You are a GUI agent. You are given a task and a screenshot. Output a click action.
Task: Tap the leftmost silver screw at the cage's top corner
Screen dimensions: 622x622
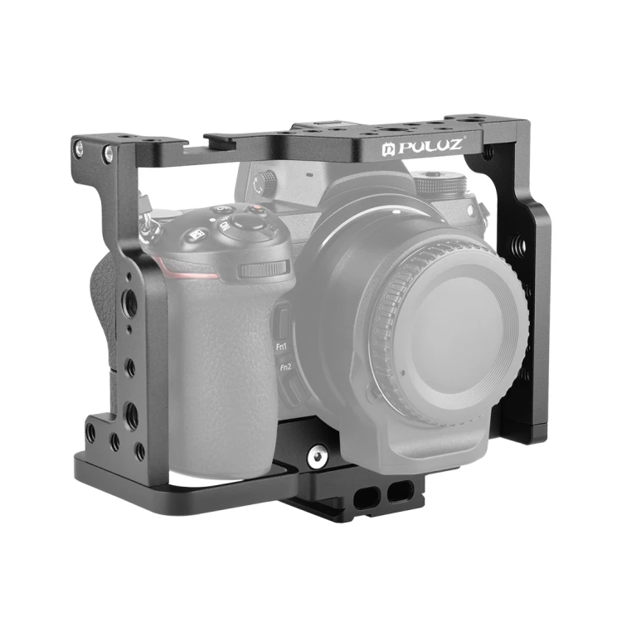[80, 148]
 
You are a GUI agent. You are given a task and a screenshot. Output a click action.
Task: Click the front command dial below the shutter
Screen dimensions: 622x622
[264, 270]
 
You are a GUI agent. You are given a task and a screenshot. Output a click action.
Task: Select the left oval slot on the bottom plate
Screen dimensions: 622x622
[366, 494]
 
